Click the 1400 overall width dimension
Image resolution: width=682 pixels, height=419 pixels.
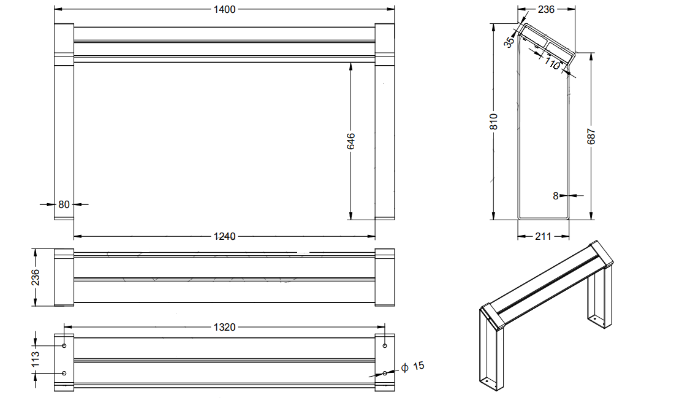click(224, 9)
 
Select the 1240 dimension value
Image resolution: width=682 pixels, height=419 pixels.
click(224, 237)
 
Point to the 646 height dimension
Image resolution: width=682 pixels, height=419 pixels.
click(351, 142)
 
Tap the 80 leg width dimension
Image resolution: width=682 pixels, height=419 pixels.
click(64, 204)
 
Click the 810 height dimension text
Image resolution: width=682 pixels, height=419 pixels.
click(494, 121)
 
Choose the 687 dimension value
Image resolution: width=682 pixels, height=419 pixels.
click(591, 136)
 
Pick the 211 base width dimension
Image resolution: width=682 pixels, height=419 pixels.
click(544, 237)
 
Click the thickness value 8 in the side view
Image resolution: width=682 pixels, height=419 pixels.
click(555, 196)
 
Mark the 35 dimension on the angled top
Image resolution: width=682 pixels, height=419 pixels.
click(509, 42)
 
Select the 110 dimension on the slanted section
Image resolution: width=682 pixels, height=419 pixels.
click(552, 64)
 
